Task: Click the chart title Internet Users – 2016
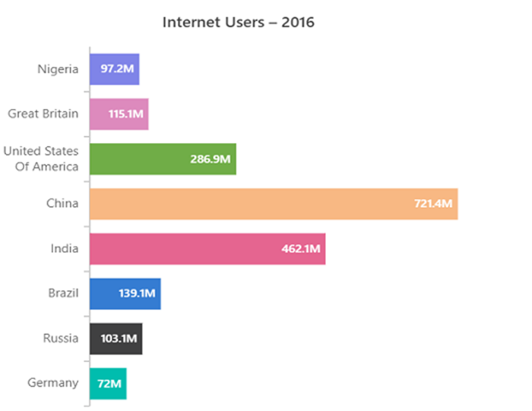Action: click(238, 22)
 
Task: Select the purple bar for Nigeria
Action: click(114, 69)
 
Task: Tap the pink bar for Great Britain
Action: click(119, 114)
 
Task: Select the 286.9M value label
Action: click(211, 159)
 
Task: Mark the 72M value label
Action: click(109, 384)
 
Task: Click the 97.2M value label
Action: click(118, 69)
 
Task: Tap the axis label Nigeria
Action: click(58, 69)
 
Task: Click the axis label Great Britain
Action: click(43, 114)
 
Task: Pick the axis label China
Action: click(62, 204)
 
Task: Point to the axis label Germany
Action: click(53, 383)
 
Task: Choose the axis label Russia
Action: click(61, 339)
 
